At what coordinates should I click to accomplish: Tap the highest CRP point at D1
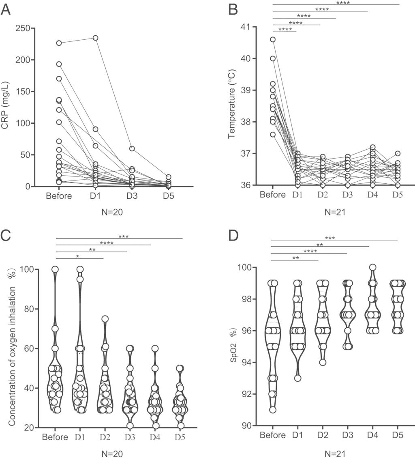pyautogui.click(x=96, y=38)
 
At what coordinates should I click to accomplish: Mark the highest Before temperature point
pyautogui.click(x=273, y=39)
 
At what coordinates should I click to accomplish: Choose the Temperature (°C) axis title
pyautogui.click(x=232, y=106)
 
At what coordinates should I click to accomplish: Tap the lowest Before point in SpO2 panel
pyautogui.click(x=273, y=410)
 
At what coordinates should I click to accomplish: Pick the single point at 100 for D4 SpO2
pyautogui.click(x=373, y=267)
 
